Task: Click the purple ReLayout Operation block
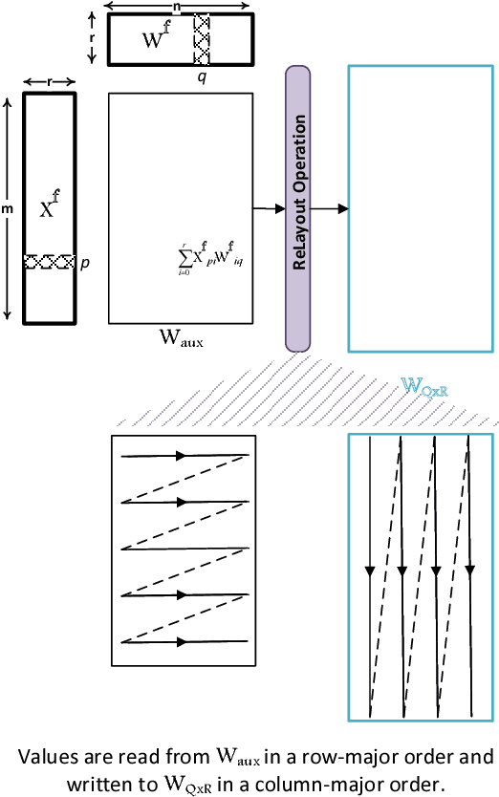(298, 207)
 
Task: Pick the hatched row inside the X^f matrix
(49, 261)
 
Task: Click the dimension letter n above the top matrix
(179, 5)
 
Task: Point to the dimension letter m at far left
(7, 207)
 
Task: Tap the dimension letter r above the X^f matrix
(48, 82)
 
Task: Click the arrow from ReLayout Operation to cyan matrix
(331, 207)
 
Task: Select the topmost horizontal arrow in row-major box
(182, 455)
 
